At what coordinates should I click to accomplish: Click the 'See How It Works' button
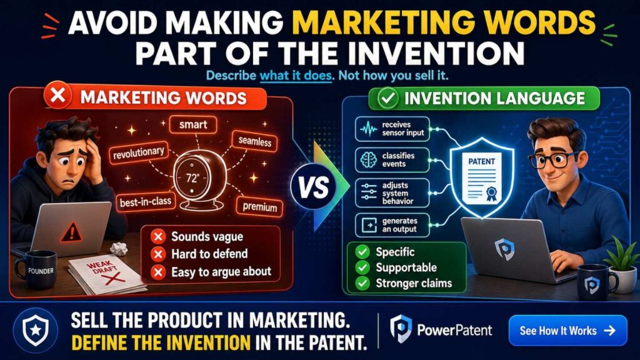coord(567,330)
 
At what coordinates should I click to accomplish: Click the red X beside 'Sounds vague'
coord(158,237)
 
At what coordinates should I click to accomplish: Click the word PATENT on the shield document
coord(481,161)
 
